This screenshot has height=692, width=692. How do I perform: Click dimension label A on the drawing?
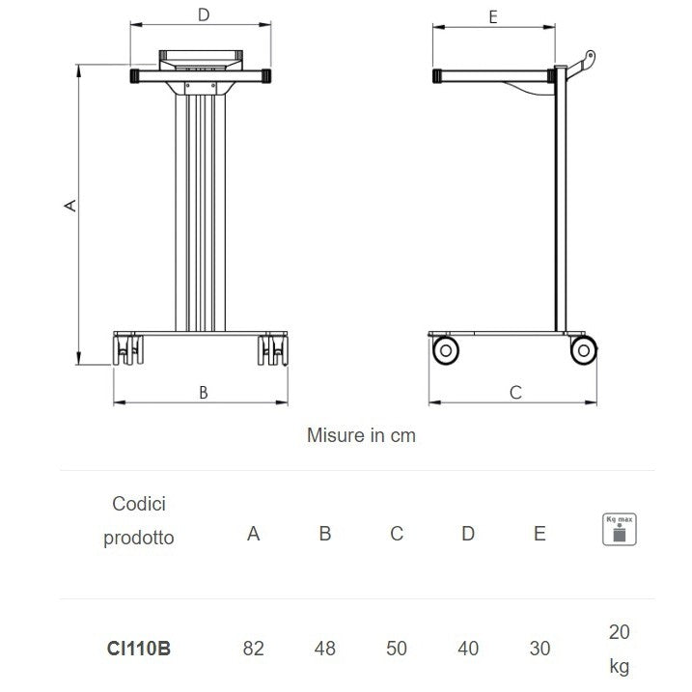[x=69, y=206]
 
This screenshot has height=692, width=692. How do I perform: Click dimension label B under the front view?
[x=204, y=392]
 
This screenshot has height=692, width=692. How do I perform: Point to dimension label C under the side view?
[x=515, y=392]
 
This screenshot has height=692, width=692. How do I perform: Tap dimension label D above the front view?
[x=204, y=14]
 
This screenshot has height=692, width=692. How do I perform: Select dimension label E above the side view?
[x=492, y=16]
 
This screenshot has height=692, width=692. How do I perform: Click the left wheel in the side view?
[x=444, y=349]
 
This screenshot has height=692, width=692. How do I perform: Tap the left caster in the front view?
[x=127, y=348]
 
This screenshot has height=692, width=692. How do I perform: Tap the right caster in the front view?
[x=273, y=348]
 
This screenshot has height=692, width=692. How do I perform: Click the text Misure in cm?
[x=361, y=435]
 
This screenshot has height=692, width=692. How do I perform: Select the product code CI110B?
[x=139, y=649]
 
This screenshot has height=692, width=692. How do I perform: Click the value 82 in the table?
[x=253, y=649]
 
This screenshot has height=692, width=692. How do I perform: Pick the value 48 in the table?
[x=325, y=649]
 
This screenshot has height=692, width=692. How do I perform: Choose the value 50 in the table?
[x=397, y=649]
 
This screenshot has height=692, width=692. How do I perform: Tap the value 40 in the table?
[x=468, y=649]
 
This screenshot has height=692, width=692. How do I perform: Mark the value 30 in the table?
[x=540, y=649]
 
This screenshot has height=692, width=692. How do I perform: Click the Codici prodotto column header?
[x=139, y=520]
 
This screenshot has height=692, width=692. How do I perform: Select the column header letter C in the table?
[x=397, y=534]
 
